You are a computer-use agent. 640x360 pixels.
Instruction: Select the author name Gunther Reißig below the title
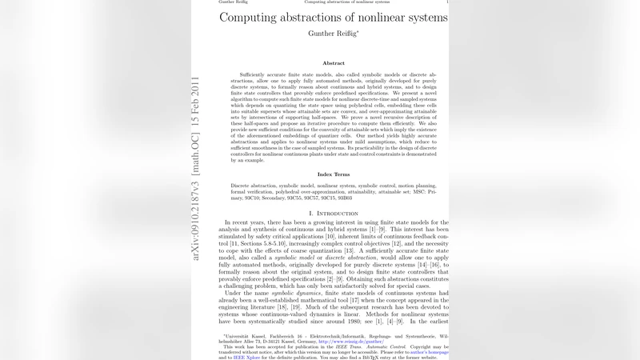(x=333, y=34)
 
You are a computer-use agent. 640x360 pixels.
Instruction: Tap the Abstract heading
(x=334, y=63)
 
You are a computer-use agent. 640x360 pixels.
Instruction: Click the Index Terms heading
(x=334, y=174)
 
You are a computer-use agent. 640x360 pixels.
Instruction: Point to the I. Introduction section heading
(x=334, y=214)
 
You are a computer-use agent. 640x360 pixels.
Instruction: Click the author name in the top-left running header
(x=234, y=2)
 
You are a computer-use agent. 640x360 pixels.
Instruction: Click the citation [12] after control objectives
(x=382, y=243)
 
